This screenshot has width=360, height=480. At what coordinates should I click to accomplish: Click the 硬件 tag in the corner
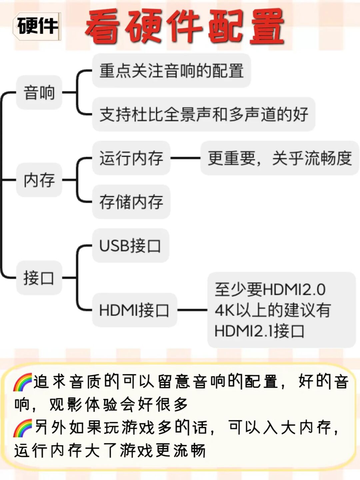[37, 26]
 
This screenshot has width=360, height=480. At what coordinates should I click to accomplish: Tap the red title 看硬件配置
[184, 27]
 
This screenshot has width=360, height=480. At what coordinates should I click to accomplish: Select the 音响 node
[39, 92]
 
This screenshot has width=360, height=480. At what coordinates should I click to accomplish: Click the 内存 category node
[39, 180]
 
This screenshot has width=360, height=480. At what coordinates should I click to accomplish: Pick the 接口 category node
[39, 278]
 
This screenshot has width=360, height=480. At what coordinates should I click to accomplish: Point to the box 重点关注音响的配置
[171, 71]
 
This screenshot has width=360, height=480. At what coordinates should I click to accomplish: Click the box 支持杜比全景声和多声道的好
[203, 114]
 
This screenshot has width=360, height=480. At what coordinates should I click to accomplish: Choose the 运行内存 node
[131, 158]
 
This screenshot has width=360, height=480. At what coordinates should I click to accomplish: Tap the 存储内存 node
[131, 202]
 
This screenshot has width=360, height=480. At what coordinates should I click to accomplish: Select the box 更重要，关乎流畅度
[279, 158]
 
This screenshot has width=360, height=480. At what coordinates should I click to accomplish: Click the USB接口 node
[130, 246]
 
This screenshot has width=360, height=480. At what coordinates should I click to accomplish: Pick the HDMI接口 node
[134, 310]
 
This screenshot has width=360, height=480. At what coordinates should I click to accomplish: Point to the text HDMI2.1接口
[259, 331]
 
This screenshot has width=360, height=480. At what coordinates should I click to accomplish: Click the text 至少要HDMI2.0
[270, 289]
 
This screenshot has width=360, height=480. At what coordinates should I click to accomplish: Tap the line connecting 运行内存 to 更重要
[185, 158]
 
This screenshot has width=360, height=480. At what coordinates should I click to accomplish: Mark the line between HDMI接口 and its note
[192, 310]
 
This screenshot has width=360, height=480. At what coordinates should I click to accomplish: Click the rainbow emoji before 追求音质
[22, 382]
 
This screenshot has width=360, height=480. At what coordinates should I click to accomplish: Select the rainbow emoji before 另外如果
[22, 428]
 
